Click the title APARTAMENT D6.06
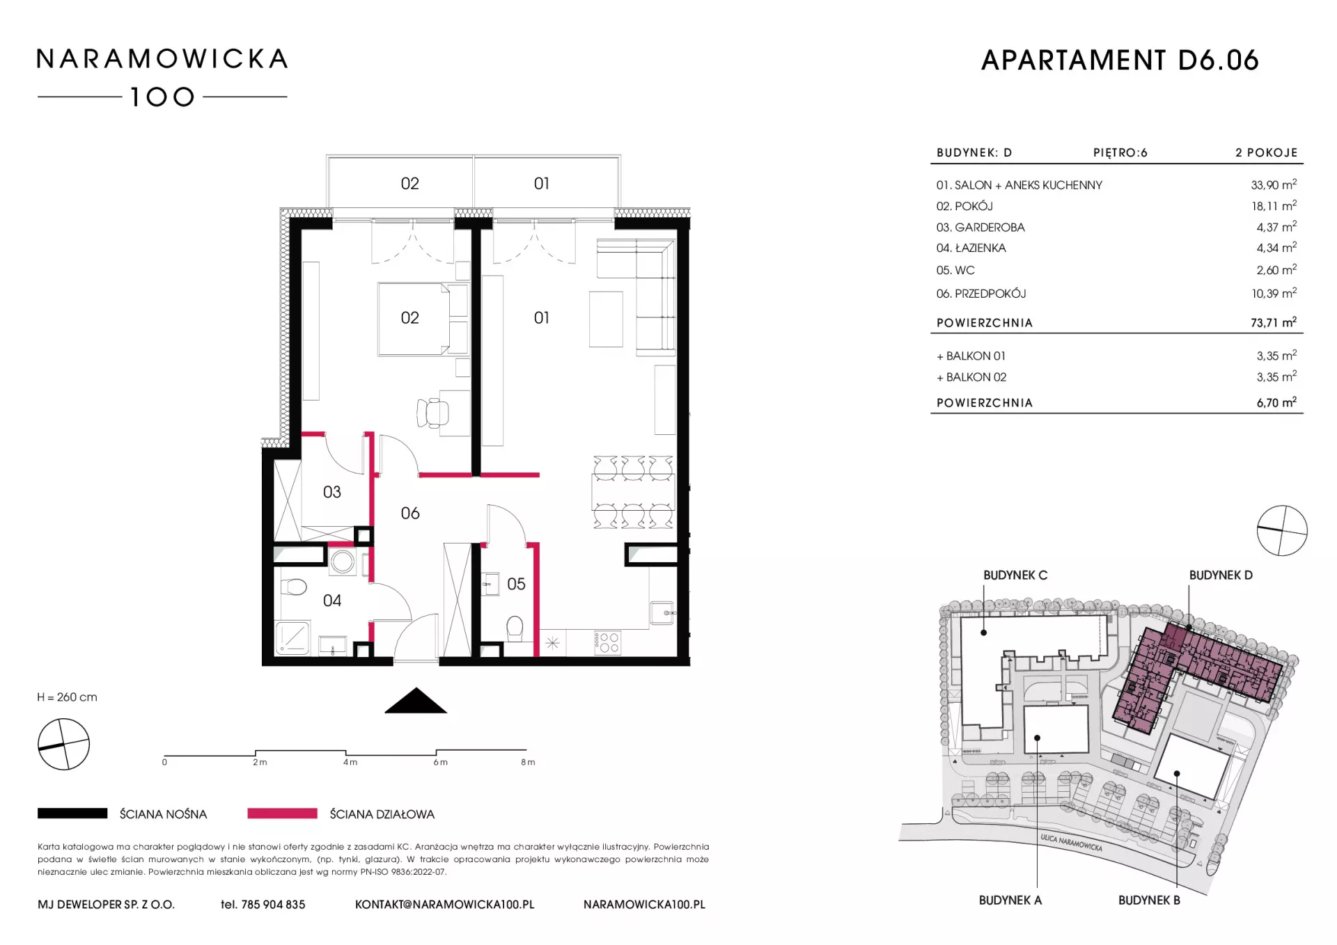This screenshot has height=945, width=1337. (1120, 61)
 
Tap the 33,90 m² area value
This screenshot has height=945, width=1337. (1274, 185)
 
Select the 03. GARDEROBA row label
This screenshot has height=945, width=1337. (980, 228)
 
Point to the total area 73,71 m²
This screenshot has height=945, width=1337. (1274, 322)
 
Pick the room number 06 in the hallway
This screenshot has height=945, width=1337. (410, 514)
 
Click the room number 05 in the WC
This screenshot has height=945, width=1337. (516, 584)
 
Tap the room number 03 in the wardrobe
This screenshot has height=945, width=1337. (332, 493)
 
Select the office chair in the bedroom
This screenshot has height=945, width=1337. (432, 413)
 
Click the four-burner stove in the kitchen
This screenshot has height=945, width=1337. (608, 643)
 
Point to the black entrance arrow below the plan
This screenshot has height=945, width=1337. (416, 700)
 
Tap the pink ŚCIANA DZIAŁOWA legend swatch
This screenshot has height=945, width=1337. (282, 813)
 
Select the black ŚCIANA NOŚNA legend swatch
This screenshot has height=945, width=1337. (72, 813)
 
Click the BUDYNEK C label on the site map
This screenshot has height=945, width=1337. (1015, 575)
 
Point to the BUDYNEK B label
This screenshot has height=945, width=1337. (1149, 900)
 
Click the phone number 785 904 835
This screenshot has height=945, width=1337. (273, 905)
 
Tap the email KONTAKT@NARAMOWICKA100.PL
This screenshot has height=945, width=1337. (445, 905)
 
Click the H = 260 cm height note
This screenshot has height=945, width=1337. (68, 697)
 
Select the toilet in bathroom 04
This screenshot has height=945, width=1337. (295, 588)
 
